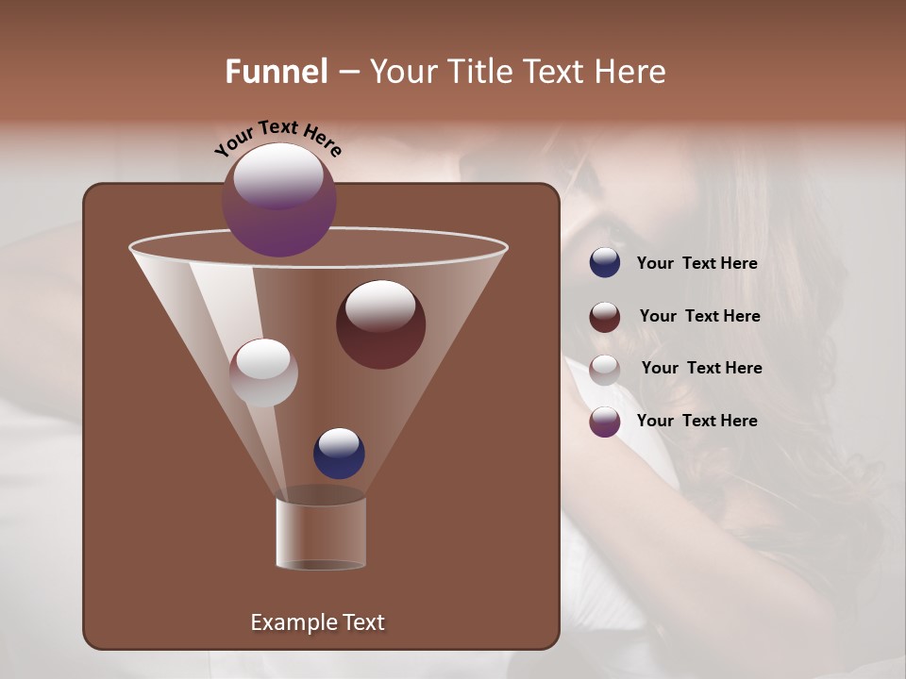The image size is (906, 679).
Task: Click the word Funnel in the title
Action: [277, 72]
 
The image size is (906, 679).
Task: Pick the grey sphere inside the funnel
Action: [263, 373]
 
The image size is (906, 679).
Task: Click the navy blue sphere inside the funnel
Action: [339, 454]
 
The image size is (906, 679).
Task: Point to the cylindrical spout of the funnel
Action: [321, 533]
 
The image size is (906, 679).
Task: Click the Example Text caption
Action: [317, 622]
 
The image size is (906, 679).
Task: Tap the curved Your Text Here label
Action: [277, 137]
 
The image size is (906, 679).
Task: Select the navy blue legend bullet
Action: [605, 263]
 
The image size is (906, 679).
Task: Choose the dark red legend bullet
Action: [605, 316]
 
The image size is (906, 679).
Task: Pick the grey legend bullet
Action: [605, 369]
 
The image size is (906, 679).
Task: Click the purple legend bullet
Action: [605, 421]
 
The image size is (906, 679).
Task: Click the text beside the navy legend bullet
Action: [696, 264]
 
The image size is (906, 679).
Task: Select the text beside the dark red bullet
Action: [699, 317]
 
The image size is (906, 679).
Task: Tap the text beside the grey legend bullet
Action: [701, 369]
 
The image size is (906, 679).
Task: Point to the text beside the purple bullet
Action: [696, 421]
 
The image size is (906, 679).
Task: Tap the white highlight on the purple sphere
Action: [278, 175]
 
